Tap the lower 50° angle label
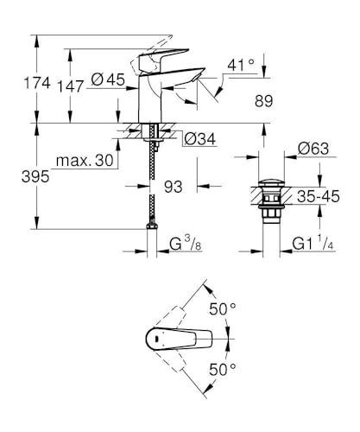pos(221,370)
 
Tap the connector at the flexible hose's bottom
pos(152,226)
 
